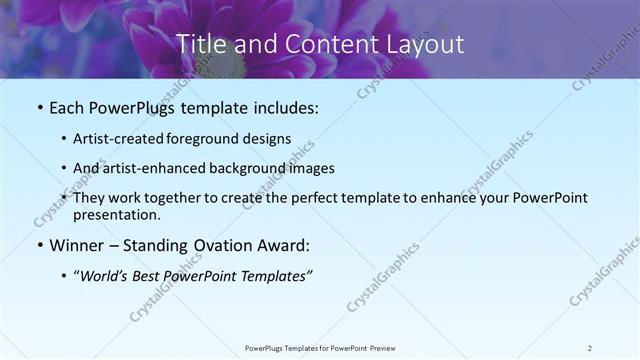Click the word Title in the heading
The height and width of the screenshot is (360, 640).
[200, 44]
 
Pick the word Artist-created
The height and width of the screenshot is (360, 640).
[121, 139]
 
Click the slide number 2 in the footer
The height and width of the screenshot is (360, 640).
[590, 348]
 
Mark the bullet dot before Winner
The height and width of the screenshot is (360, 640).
[39, 246]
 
